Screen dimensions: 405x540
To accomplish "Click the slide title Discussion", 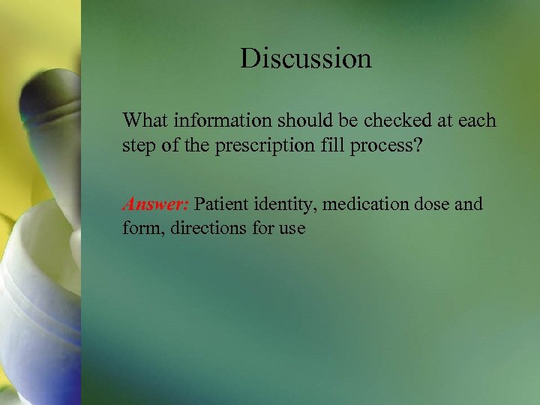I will pyautogui.click(x=305, y=58).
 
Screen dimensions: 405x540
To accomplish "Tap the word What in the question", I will pyautogui.click(x=147, y=120).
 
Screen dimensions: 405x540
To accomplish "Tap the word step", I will pyautogui.click(x=139, y=145).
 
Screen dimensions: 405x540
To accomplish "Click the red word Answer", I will pyautogui.click(x=156, y=204).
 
